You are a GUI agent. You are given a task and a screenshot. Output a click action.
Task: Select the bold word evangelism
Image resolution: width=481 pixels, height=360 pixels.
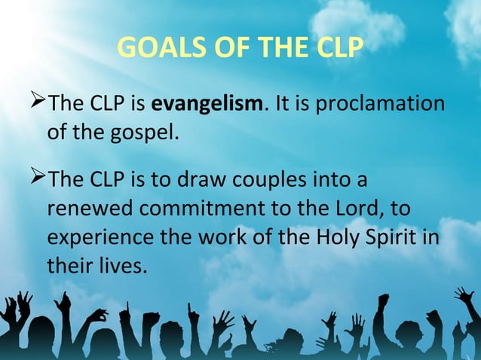coord(206,102)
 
